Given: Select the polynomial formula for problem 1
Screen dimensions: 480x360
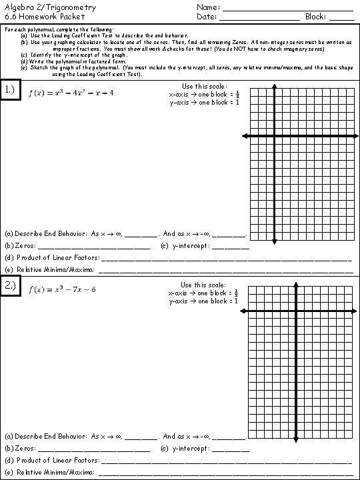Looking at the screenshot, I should [71, 93].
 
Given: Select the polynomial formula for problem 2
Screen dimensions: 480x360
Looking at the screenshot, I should [63, 289].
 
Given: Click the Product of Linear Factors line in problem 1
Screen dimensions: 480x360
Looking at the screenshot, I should [227, 259].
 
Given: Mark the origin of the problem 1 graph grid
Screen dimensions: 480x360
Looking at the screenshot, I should [275, 136].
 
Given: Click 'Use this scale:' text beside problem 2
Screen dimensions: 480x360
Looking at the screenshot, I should [204, 285].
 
